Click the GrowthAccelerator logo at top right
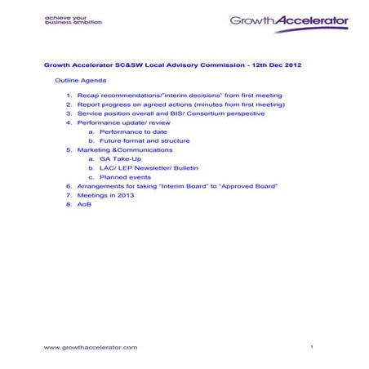click(289, 20)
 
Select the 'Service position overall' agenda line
click(171, 113)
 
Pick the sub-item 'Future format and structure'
click(144, 140)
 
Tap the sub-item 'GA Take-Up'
click(122, 159)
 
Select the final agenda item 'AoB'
click(85, 205)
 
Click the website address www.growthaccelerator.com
click(91, 347)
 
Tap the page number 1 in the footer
click(312, 347)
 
